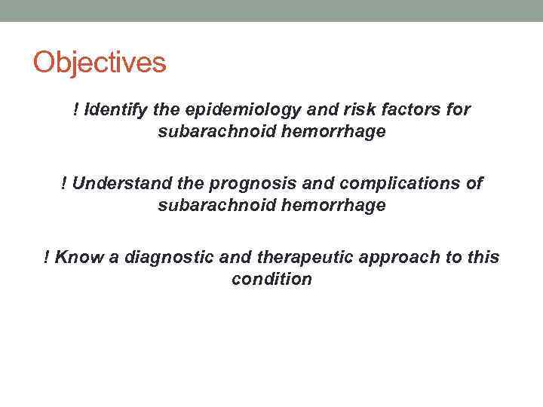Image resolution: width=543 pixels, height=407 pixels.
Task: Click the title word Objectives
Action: click(x=99, y=63)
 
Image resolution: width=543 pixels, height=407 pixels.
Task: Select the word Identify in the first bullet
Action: click(x=118, y=110)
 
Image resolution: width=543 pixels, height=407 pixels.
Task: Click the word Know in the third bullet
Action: click(x=78, y=258)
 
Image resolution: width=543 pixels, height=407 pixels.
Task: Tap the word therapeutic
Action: click(x=294, y=258)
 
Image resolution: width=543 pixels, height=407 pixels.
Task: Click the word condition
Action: click(x=271, y=280)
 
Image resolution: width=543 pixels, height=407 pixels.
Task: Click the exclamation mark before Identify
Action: click(x=76, y=110)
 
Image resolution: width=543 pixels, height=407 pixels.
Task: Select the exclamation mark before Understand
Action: click(x=64, y=184)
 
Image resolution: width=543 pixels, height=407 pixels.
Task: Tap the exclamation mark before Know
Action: click(x=48, y=258)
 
